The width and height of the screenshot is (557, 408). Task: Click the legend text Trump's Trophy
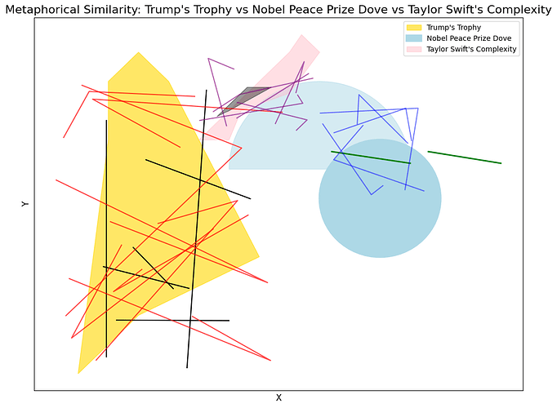tap(454, 28)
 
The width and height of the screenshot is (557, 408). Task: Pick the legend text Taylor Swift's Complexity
tap(473, 50)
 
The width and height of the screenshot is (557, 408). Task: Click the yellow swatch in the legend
tap(414, 28)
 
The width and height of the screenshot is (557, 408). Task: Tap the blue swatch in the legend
tap(414, 38)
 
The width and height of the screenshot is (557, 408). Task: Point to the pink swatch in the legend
tap(414, 50)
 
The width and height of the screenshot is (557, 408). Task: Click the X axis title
tap(278, 398)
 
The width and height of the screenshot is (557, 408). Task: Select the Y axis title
tap(25, 204)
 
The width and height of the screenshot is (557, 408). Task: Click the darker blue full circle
tap(380, 220)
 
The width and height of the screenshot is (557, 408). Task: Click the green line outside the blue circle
tap(464, 157)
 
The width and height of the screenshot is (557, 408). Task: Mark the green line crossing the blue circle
tap(371, 157)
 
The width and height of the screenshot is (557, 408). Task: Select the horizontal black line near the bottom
tap(172, 320)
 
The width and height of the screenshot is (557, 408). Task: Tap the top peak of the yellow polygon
tap(139, 53)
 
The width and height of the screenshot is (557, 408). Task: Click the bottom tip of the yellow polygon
tap(79, 372)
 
